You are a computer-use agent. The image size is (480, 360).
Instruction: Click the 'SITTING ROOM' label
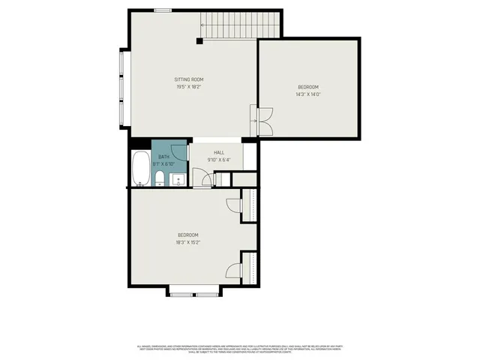[189, 79]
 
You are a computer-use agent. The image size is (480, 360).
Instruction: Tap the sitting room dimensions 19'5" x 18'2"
[189, 87]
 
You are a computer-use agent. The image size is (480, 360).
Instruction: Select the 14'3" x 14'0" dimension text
[307, 94]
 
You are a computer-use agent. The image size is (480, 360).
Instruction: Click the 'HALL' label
[219, 151]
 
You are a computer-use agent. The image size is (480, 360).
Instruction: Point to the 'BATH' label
[163, 157]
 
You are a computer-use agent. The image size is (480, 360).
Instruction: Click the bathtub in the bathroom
[140, 169]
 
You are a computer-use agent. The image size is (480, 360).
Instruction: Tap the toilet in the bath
[160, 178]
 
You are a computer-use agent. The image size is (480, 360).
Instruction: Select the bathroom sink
[178, 178]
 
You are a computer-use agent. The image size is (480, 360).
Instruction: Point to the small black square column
[199, 40]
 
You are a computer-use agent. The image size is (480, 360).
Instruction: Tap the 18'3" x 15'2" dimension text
[187, 242]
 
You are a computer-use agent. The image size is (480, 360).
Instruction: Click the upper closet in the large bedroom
[250, 205]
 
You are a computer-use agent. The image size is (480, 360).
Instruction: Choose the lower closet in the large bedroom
[250, 268]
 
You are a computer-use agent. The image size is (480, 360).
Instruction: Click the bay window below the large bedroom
[193, 291]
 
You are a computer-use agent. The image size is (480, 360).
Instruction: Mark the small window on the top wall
[161, 10]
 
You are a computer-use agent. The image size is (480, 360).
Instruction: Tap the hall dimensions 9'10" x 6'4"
[219, 159]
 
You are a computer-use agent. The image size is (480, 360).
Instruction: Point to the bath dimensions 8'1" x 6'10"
[163, 163]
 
